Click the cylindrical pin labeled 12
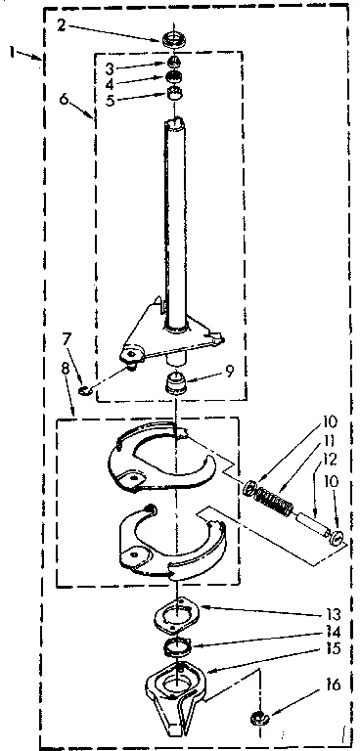pos(312,523)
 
